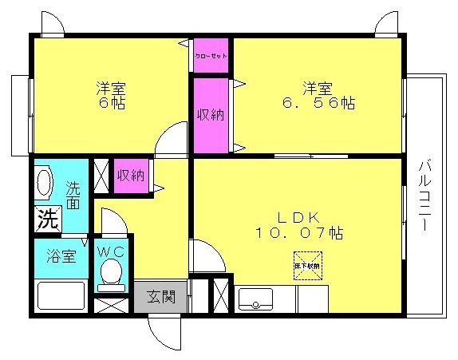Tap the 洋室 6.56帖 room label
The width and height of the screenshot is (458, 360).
[318, 95]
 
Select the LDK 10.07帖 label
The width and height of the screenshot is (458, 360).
[298, 225]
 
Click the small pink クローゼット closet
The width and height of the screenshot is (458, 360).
[211, 56]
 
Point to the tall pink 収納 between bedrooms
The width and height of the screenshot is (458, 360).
[211, 113]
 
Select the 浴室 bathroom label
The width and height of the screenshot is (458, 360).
[60, 257]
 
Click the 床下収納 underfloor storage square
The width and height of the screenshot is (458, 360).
[306, 267]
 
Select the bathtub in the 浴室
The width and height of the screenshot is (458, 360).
[61, 299]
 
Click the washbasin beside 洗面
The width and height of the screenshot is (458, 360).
[45, 183]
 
